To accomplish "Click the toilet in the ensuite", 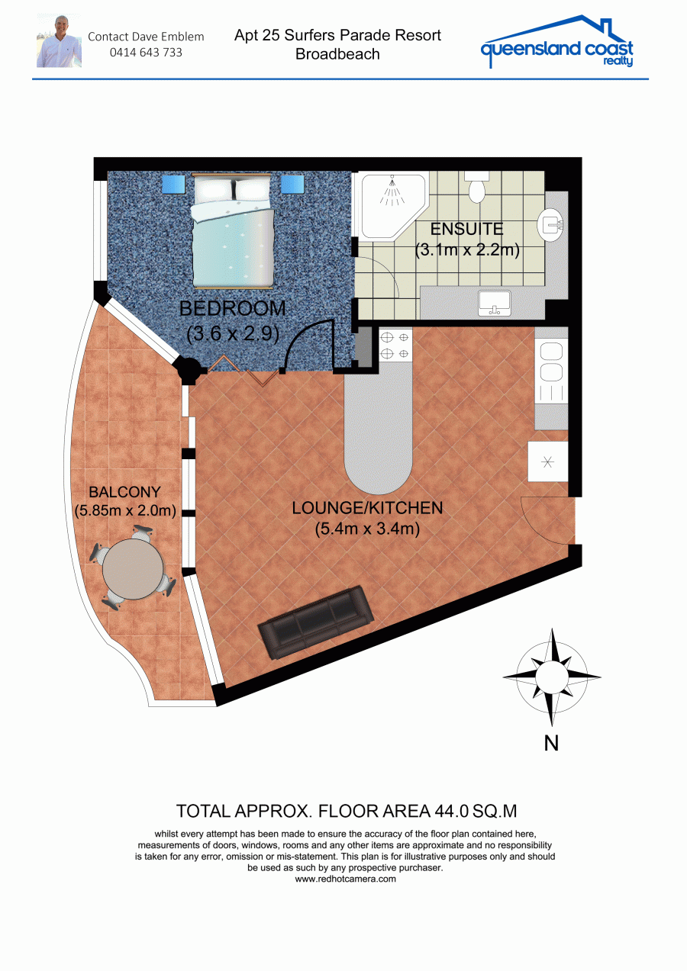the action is (476, 187).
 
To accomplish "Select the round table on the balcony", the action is (133, 569).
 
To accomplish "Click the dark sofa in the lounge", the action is (316, 622).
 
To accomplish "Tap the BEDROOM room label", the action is (233, 309).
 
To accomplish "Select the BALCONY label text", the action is (124, 492).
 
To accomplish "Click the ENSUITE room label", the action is (466, 229).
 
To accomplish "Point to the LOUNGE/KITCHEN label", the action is (367, 508).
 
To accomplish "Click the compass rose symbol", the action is (552, 677).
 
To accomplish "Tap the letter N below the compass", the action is (551, 744).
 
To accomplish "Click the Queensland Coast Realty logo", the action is (557, 42).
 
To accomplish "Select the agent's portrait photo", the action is (59, 40).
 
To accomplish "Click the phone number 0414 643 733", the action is (146, 53).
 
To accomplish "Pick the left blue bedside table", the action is (173, 185).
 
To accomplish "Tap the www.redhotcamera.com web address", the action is (345, 879).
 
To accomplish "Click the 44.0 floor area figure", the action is (450, 811).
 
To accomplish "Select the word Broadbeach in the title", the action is (337, 54).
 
